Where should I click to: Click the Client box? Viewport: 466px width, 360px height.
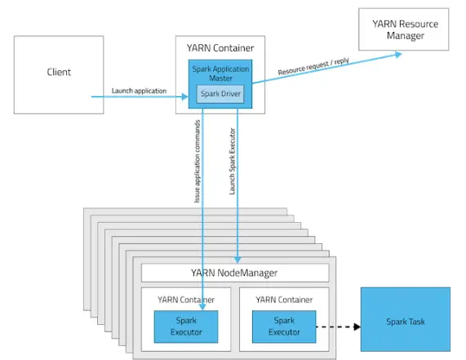click(59, 75)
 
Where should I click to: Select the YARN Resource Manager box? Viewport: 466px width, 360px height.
click(404, 29)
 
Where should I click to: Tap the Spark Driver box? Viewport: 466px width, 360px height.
click(220, 94)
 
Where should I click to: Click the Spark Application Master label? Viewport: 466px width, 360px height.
click(220, 73)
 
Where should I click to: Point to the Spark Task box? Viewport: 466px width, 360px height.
click(406, 319)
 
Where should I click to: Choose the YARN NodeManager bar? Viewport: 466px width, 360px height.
click(235, 273)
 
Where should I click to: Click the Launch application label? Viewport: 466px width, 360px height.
click(139, 91)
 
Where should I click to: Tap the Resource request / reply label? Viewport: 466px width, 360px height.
click(313, 66)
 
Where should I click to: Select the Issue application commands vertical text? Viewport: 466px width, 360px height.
click(197, 162)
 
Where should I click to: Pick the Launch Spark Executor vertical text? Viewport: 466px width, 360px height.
click(232, 162)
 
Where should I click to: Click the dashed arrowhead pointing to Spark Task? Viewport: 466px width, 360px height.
click(357, 327)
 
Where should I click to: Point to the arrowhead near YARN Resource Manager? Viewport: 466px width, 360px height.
click(398, 54)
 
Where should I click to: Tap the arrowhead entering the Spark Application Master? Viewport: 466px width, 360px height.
click(185, 96)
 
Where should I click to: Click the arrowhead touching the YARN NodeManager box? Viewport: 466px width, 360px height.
click(237, 260)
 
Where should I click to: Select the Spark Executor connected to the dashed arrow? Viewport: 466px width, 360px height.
click(284, 327)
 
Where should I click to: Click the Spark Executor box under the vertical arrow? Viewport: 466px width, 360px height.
click(186, 327)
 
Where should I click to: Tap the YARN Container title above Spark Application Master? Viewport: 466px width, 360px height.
click(220, 48)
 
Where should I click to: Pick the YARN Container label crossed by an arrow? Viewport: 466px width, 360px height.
click(186, 300)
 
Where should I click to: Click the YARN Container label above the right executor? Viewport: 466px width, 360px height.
click(284, 300)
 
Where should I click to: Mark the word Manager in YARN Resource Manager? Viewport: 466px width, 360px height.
click(406, 36)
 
